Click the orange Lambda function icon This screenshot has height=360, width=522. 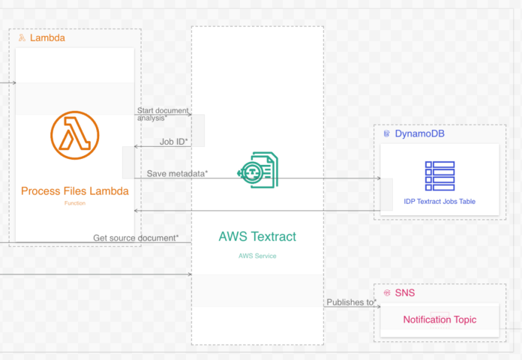coord(75,135)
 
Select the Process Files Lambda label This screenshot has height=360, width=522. coord(75,190)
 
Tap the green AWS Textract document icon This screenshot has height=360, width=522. coord(258,169)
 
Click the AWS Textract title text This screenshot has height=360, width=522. coord(257,236)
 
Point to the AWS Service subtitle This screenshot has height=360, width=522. coord(257,256)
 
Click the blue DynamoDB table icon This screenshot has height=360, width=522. coord(439,175)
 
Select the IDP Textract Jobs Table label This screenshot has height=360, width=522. coord(439,201)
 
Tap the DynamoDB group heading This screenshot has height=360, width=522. coord(419,133)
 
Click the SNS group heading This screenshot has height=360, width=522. coord(405,292)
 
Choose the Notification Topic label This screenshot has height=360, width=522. coord(439,319)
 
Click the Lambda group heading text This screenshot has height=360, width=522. coord(47,37)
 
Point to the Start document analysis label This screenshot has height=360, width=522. coord(163,114)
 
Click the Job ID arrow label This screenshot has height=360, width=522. coord(174,142)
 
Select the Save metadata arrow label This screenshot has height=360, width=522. coord(177,173)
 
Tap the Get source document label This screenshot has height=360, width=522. coord(136,238)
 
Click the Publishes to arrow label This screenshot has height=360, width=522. coord(351,302)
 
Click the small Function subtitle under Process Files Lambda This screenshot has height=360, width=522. coord(75,203)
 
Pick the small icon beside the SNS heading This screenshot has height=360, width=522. coord(387,292)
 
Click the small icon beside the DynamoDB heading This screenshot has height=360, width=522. coord(387,133)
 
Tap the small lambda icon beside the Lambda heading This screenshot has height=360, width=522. coord(22,37)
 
